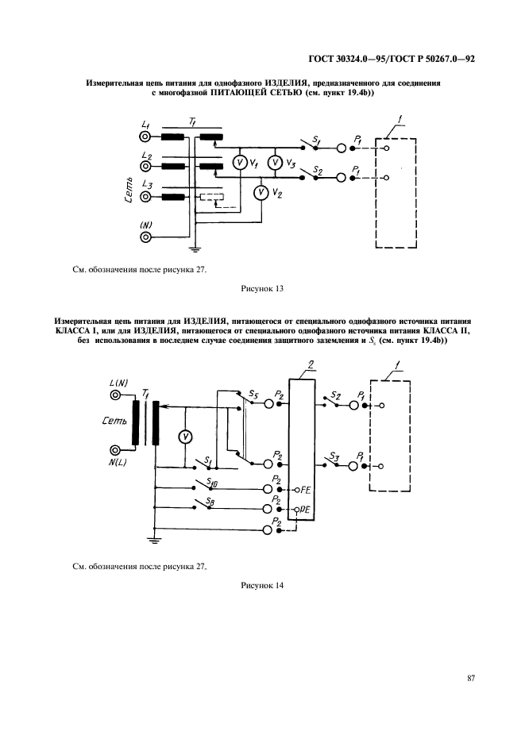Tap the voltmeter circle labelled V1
[238, 163]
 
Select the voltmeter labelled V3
[274, 163]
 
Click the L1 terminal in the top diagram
[146, 136]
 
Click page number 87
[470, 677]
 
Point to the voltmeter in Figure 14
[184, 437]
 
